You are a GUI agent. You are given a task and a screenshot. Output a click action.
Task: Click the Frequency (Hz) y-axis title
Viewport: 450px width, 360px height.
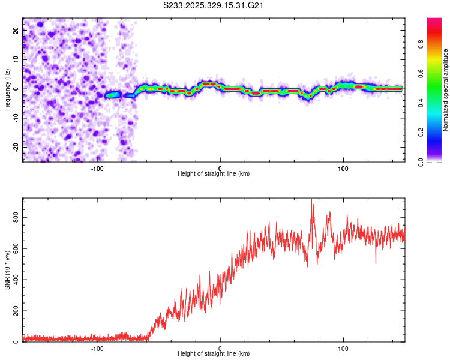[7, 89]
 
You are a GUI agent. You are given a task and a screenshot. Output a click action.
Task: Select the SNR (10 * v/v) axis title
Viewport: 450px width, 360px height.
[7, 270]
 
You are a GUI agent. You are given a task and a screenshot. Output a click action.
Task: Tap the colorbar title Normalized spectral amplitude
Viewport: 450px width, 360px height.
[445, 90]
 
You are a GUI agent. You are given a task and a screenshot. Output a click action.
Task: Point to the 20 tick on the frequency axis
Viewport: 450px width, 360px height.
[17, 31]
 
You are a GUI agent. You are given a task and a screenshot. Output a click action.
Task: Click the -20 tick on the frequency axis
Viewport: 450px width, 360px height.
[16, 146]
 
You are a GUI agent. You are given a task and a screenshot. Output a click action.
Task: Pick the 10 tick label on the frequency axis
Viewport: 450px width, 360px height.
[17, 60]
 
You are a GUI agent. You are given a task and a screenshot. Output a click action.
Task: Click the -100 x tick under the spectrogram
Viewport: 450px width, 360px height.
[97, 167]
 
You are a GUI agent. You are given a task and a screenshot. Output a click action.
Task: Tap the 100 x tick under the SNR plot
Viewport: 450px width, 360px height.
[343, 348]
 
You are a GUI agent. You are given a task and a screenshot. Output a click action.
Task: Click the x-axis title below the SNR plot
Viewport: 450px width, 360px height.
[214, 355]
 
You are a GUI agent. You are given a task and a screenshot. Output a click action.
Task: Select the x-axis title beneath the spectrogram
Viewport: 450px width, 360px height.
[214, 174]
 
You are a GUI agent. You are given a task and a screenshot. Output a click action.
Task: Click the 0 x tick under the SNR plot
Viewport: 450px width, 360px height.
[220, 348]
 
